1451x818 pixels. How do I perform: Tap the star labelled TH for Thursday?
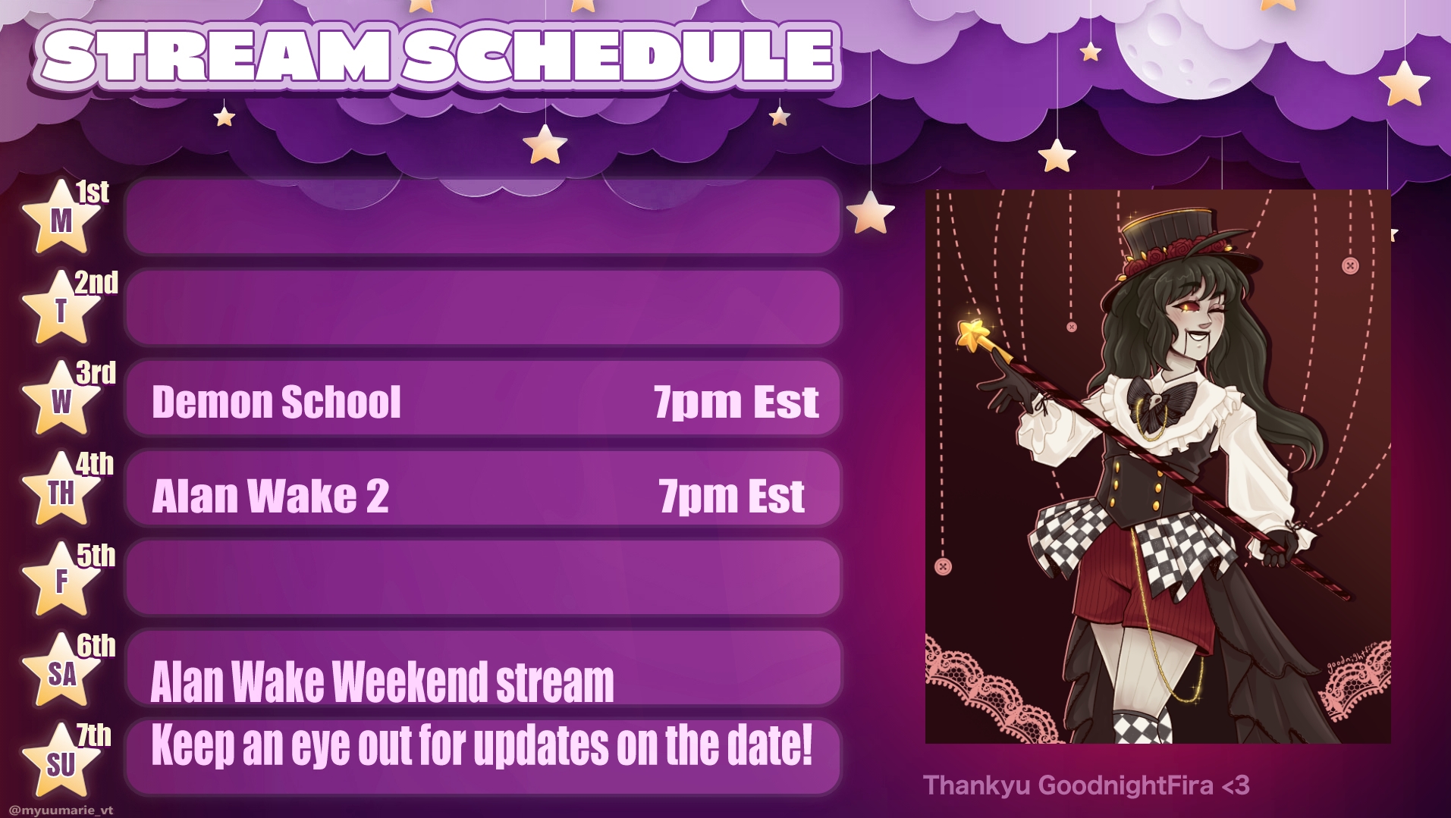(61, 490)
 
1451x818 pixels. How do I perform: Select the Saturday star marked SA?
(61, 672)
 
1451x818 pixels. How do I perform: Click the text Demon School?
(276, 401)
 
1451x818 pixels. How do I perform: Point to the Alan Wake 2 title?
(271, 496)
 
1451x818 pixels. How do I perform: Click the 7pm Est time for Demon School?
(736, 402)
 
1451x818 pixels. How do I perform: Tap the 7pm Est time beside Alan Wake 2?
(732, 497)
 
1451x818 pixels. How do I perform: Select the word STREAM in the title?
(216, 55)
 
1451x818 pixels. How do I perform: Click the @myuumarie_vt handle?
(61, 810)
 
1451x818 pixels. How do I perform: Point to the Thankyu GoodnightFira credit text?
(1086, 785)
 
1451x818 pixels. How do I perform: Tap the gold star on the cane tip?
(974, 334)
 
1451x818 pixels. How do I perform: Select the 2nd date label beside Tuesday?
(96, 283)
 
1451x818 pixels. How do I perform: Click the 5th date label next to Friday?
(96, 556)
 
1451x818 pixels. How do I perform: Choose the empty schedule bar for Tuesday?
(483, 307)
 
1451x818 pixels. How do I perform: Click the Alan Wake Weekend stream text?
(382, 682)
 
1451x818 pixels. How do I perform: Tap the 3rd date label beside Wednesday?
(96, 373)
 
